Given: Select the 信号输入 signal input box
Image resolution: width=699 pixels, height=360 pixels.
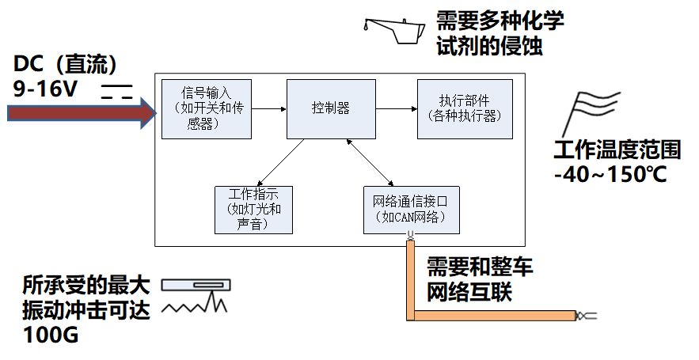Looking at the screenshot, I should point(206,109).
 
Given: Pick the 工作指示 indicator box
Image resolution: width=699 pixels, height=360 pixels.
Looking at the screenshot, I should point(254,209).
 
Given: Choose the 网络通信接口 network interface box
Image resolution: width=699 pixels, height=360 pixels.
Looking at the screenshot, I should point(411,209).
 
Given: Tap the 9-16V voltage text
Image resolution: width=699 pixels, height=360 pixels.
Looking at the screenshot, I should point(45,89).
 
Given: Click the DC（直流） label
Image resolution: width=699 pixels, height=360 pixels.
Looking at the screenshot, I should point(66,63).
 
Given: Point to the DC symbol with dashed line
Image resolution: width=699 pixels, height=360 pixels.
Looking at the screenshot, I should point(116,90).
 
